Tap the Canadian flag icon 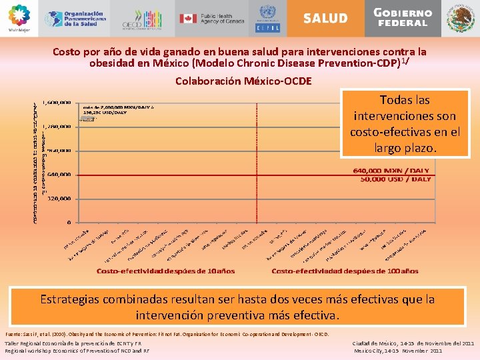[189, 18]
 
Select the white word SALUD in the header [325, 18]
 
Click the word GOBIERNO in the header [403, 13]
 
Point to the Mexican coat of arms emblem [461, 18]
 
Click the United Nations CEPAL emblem [267, 18]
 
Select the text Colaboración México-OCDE [243, 81]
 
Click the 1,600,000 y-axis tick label [57, 103]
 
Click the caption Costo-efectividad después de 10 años [165, 271]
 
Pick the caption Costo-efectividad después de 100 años [345, 271]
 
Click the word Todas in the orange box [395, 100]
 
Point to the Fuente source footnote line [167, 333]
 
